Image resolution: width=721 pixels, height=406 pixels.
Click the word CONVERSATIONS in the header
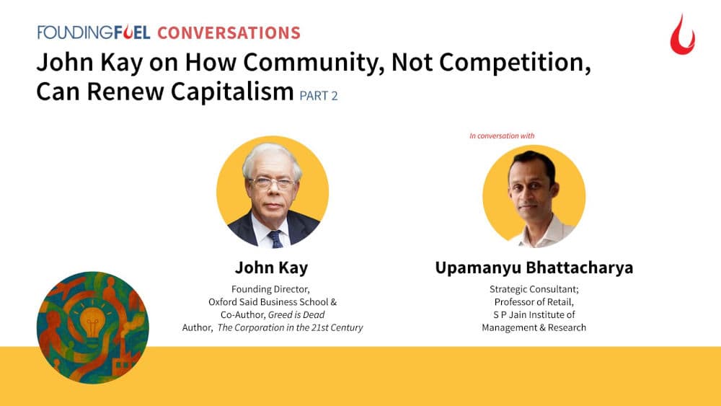[228, 32]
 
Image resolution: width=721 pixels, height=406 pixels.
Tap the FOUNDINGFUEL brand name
[94, 32]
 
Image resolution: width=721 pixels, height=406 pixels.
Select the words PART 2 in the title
[318, 96]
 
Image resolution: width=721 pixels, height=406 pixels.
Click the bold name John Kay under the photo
[271, 268]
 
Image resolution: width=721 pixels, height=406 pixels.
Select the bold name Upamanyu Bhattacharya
[534, 268]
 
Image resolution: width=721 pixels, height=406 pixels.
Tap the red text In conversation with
[502, 135]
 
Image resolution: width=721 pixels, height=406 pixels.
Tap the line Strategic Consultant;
[534, 288]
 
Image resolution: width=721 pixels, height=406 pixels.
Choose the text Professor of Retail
[534, 301]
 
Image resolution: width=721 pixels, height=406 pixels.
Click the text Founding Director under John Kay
[271, 288]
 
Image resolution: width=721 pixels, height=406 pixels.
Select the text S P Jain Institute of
[534, 314]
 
